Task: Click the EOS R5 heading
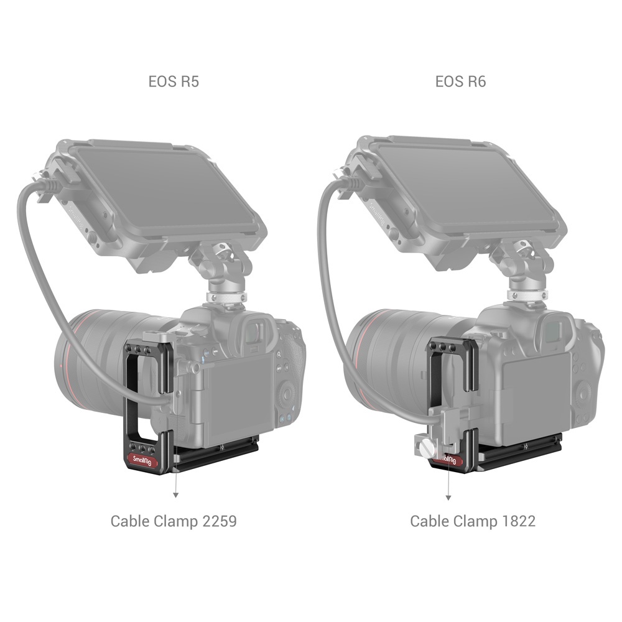[x=174, y=81]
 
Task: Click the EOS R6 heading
[x=460, y=81]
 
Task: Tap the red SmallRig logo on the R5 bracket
[x=142, y=460]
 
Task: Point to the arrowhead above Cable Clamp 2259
[x=175, y=494]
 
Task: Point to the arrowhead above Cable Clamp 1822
[x=448, y=498]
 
